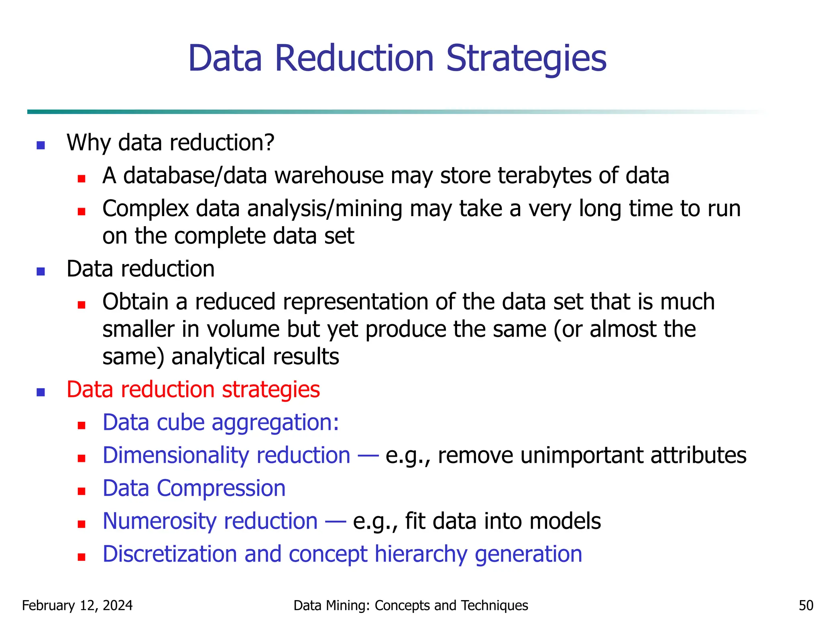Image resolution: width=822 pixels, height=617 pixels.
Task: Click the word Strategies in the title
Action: (526, 59)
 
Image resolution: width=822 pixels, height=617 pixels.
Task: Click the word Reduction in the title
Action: (354, 59)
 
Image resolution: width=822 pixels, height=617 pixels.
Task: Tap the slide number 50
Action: (806, 605)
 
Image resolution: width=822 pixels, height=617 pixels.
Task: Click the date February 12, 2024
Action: (77, 605)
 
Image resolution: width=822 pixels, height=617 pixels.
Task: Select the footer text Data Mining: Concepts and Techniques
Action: (411, 605)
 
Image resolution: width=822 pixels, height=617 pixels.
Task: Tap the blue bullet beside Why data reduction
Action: (41, 145)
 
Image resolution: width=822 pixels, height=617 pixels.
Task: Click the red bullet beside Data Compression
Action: (81, 491)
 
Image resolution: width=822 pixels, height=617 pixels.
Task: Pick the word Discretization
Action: (169, 554)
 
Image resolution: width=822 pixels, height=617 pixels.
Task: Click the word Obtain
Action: (135, 302)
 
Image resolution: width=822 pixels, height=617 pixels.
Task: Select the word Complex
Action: (145, 209)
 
